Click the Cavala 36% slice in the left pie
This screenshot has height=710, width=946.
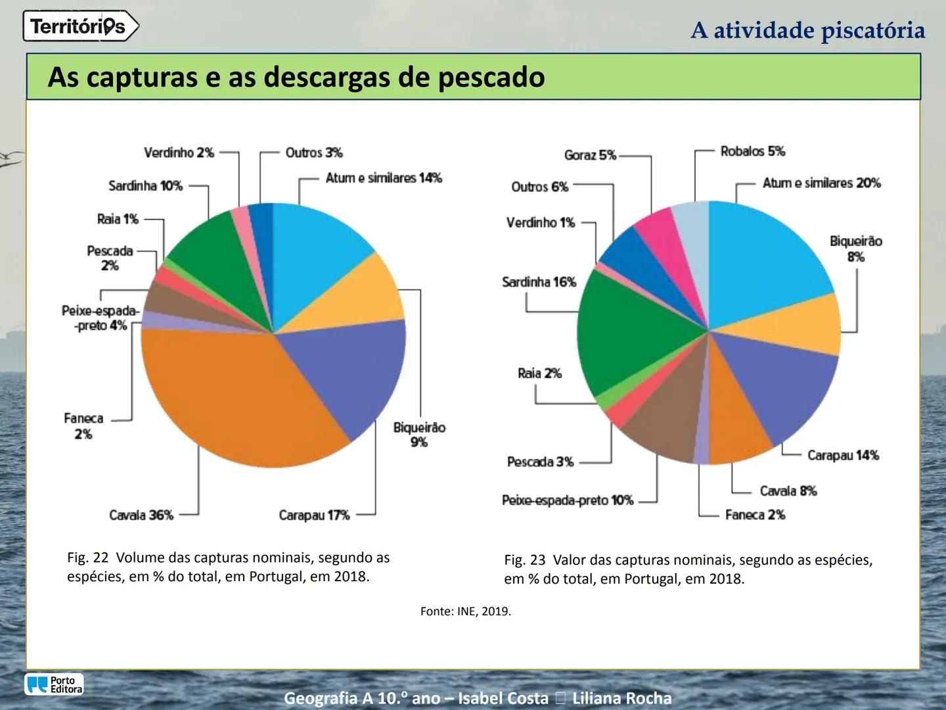[236, 394]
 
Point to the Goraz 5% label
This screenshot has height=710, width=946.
[590, 155]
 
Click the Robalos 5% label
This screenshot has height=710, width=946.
[752, 151]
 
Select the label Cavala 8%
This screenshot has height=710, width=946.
[788, 491]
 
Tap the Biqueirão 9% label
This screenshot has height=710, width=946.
[419, 435]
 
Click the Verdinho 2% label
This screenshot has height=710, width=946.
[179, 153]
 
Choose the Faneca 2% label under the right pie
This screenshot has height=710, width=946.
[755, 515]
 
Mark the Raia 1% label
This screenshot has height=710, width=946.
[118, 219]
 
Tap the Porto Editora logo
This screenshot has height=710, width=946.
[55, 684]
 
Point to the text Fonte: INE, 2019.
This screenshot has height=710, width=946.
[465, 611]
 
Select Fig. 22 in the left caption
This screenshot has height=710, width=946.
[87, 557]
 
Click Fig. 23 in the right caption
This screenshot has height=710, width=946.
[524, 560]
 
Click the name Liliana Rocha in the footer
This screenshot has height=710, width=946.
[621, 698]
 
